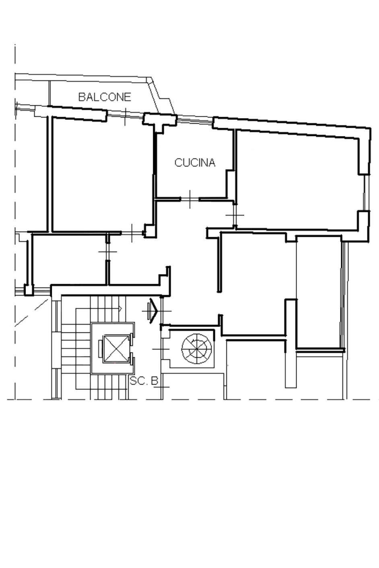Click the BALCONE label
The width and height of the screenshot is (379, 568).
pos(105,97)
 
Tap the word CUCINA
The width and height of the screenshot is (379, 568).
pos(195,162)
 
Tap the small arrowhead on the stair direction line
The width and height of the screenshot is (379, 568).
pos(120,308)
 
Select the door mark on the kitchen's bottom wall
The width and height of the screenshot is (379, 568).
pos(190,199)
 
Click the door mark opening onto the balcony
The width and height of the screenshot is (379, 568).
pos(125,117)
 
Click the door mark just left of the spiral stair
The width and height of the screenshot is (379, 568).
pos(161,349)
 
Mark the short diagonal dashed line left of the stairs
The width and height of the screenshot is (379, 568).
pos(31,312)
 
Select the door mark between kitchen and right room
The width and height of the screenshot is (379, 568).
pos(235,215)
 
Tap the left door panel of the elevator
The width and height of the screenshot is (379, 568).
pos(101,348)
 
